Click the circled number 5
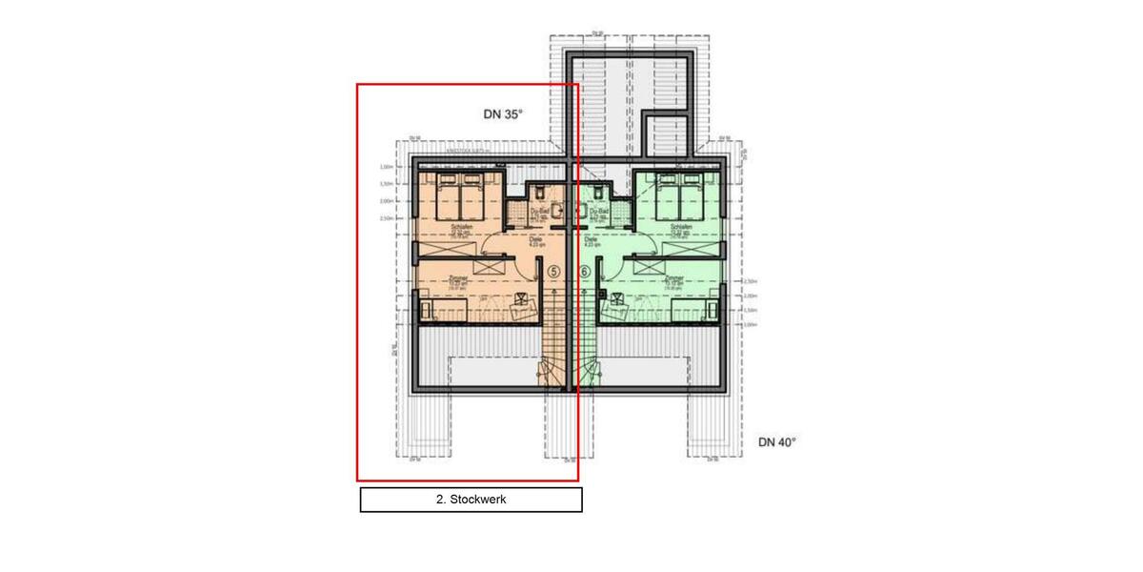point(553,272)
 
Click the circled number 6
point(585,272)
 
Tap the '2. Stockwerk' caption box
point(471,500)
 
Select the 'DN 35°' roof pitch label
point(504,114)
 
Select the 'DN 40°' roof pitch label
point(777,442)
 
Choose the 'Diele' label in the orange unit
point(522,239)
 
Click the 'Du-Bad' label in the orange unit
point(539,212)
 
